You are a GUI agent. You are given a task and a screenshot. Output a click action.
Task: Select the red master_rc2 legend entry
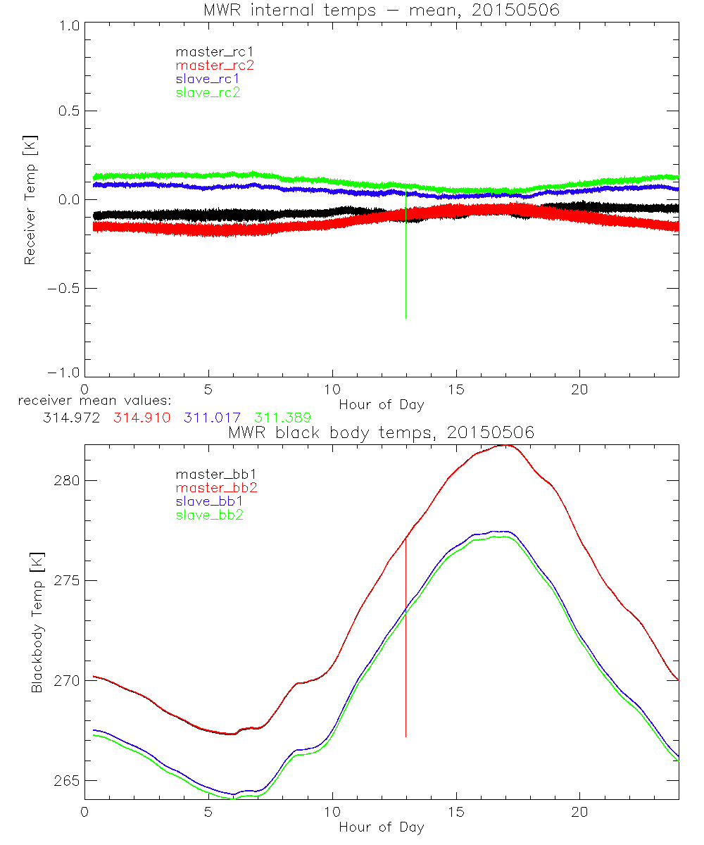point(214,65)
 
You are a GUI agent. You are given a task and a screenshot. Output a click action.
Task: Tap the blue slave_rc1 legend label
point(208,79)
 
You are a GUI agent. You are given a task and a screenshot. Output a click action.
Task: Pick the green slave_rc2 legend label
point(208,92)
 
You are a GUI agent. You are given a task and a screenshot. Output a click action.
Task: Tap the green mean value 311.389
point(282,418)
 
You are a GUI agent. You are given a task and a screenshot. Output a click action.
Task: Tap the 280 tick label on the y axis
point(65,480)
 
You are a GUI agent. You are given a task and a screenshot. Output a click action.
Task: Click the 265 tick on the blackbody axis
point(65,781)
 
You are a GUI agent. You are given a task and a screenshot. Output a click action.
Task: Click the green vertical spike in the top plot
point(406,268)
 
